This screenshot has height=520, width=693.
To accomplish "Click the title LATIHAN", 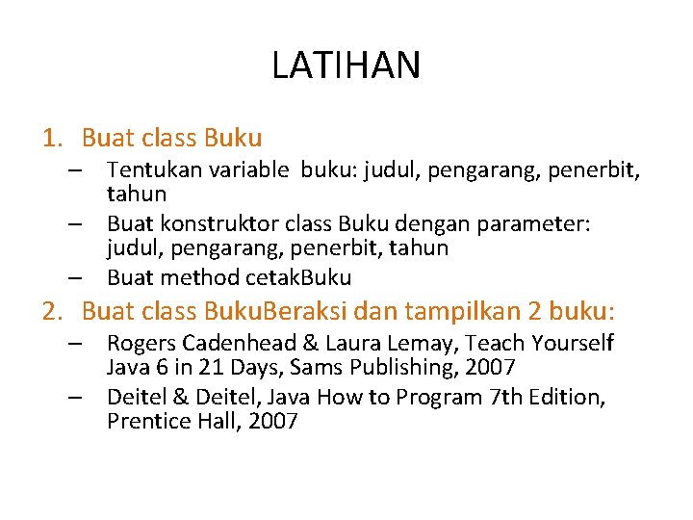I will coord(346,65).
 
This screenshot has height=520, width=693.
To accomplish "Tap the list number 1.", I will coord(50,140).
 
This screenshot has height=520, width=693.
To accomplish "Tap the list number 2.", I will coord(50,312).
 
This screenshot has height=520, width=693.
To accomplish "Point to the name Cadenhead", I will coord(245,344).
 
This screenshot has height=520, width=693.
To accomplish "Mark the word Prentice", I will coord(144,421).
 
